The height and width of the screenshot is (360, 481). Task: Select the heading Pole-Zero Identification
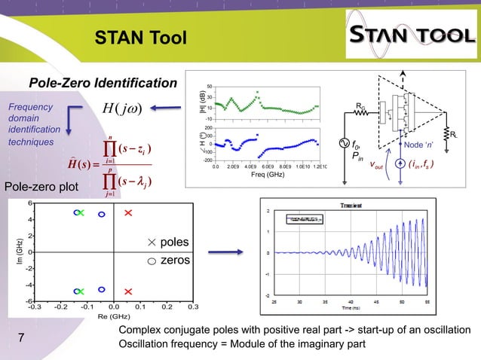(x=102, y=83)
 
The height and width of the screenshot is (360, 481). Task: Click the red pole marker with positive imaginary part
(x=128, y=214)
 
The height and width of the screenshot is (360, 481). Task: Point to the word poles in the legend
(x=175, y=242)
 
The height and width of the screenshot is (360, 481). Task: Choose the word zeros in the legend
(x=175, y=260)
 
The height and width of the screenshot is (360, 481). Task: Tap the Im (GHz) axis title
(x=11, y=251)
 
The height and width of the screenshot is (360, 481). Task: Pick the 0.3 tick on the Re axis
(x=192, y=307)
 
